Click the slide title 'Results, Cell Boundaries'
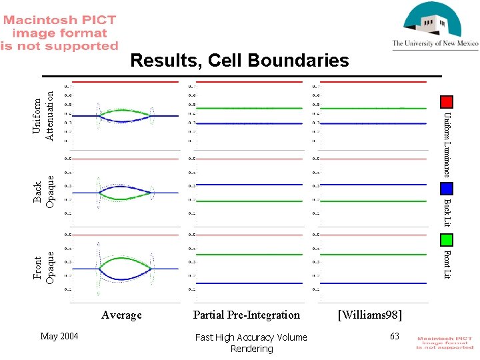tap(239, 61)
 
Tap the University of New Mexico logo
tap(435, 25)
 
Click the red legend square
tap(447, 101)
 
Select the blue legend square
tap(447, 189)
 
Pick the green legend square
tap(447, 239)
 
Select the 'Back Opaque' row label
tap(44, 193)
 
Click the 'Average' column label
tap(121, 315)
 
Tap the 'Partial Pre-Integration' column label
tap(247, 315)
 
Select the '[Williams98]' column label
tap(370, 315)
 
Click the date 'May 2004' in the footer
tap(59, 336)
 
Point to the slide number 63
tap(395, 336)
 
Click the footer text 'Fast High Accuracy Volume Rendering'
tap(251, 343)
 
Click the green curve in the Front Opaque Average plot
tap(121, 259)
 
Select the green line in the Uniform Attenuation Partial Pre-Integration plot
tap(247, 107)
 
